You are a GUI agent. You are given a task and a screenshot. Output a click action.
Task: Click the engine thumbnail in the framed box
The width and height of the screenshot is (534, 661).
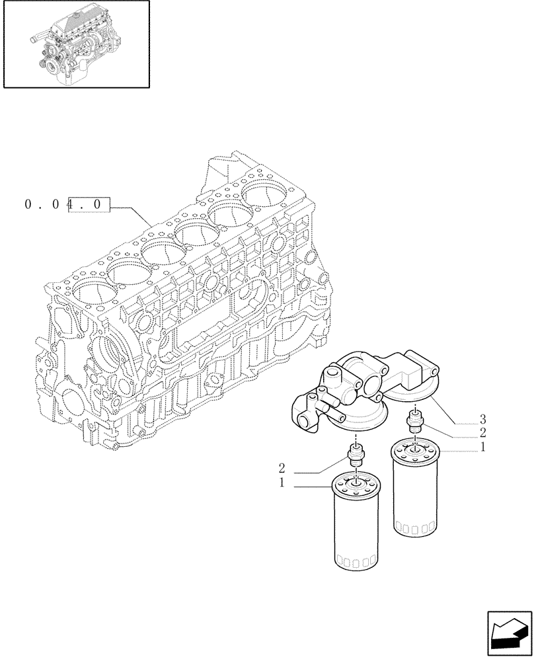(x=74, y=44)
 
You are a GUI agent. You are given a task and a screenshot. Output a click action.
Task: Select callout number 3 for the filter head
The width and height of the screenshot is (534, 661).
(x=483, y=419)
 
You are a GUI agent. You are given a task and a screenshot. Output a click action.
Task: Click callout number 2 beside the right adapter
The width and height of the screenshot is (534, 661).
(x=483, y=433)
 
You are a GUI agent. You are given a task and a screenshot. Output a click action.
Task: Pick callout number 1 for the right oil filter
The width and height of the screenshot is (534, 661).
(x=483, y=447)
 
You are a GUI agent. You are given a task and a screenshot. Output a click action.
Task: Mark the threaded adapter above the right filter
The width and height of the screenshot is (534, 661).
(x=415, y=421)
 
